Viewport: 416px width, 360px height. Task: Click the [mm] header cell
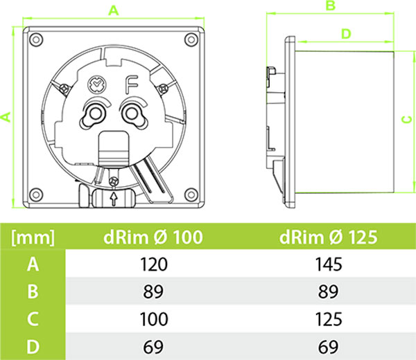coord(33,237)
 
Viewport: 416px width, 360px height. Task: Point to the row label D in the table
coord(32,345)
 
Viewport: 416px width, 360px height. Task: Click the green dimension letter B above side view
coord(331,6)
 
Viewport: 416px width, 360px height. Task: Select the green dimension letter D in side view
coord(346,33)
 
